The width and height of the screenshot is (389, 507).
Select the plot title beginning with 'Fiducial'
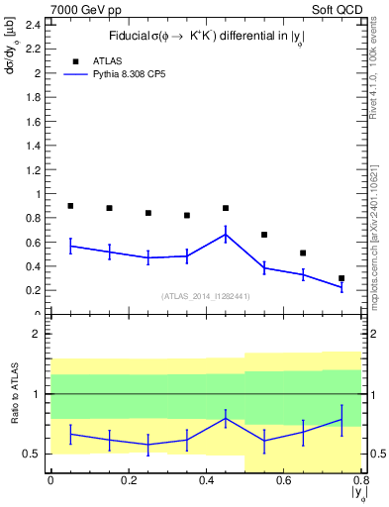[206, 37]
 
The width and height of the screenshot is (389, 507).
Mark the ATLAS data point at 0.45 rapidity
[226, 208]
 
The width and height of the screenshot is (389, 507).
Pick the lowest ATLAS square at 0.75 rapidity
[341, 278]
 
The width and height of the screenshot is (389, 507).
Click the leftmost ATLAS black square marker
[70, 206]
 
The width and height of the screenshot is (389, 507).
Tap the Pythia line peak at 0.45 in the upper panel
[226, 234]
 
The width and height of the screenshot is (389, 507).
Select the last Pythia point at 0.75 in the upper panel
[341, 287]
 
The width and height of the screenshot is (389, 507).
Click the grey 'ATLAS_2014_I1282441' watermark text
[205, 295]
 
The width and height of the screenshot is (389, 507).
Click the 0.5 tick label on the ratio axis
[32, 454]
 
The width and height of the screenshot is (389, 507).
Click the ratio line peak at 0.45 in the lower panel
[226, 418]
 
